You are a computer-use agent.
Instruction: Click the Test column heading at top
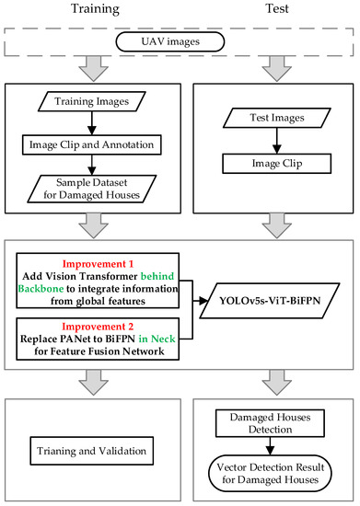click(x=267, y=11)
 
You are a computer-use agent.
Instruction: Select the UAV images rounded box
click(x=180, y=42)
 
